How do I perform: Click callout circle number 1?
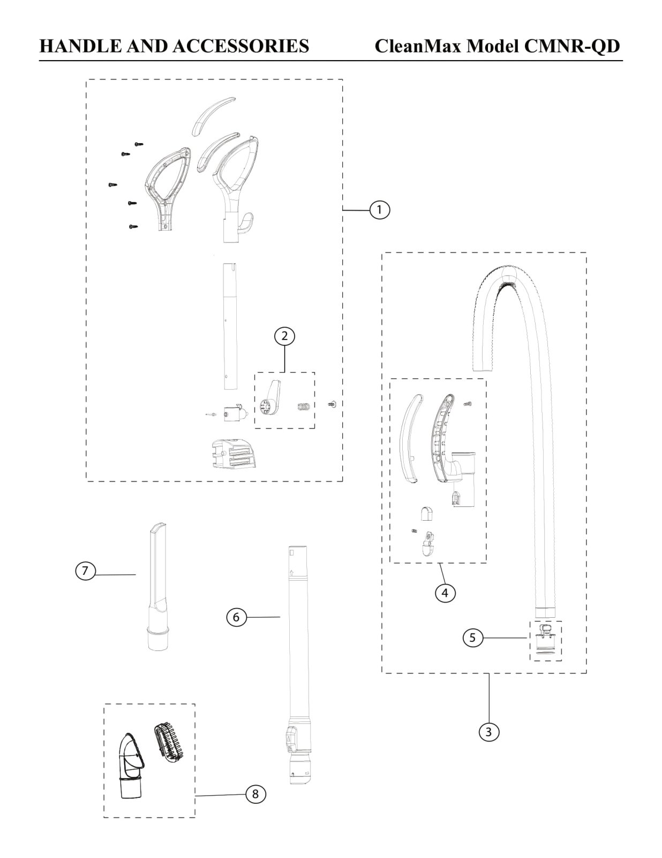[x=379, y=209]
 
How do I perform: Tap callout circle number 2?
[x=284, y=336]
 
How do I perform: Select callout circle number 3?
[x=488, y=731]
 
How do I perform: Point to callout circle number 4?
[x=445, y=593]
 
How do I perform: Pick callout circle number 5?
[x=472, y=638]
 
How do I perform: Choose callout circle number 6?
[x=236, y=617]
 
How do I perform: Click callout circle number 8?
[x=255, y=794]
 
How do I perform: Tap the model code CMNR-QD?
[x=571, y=46]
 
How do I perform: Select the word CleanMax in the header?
[x=418, y=46]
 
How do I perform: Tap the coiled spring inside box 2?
[x=304, y=408]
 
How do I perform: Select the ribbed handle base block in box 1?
[x=233, y=453]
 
